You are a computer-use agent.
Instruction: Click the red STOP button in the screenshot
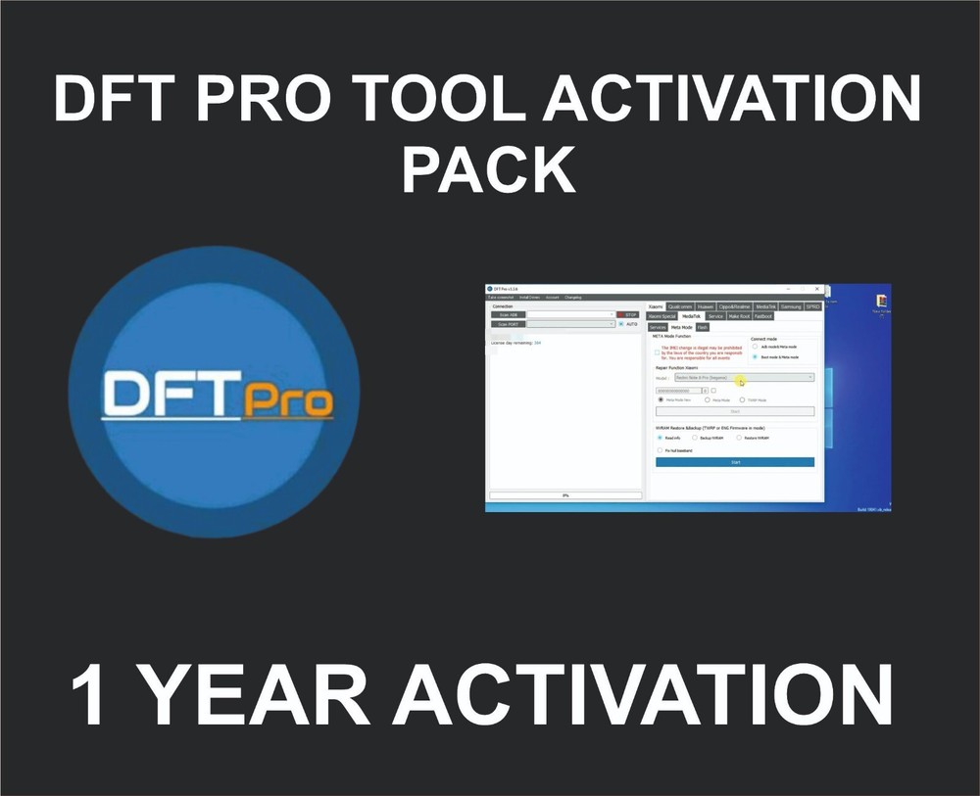tap(628, 314)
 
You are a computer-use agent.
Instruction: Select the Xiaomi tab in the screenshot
tap(656, 306)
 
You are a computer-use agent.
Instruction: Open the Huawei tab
tap(706, 306)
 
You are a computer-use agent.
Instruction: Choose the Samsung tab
tap(791, 306)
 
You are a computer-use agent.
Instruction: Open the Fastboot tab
tap(763, 316)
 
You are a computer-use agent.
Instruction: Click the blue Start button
tap(735, 461)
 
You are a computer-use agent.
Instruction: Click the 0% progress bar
tap(565, 495)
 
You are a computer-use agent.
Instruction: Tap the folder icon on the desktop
tap(883, 299)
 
